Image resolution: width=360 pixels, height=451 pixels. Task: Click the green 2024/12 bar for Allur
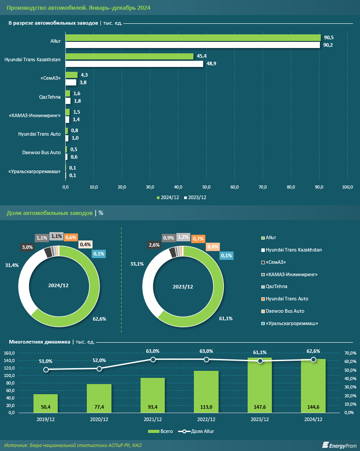[x=193, y=38]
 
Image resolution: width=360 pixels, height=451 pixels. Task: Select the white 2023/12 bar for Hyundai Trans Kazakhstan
[x=134, y=64]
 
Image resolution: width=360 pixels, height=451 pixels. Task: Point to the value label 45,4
[x=202, y=56]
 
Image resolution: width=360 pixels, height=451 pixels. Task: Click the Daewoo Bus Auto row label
[x=41, y=152]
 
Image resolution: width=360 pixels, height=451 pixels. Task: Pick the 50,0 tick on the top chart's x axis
[x=207, y=188]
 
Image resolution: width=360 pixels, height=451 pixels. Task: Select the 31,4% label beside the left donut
[x=11, y=266]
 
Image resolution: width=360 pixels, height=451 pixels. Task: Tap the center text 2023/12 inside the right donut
[x=182, y=287]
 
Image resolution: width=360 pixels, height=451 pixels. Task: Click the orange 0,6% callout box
[x=71, y=237]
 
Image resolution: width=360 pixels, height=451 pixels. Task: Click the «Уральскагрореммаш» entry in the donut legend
[x=289, y=324]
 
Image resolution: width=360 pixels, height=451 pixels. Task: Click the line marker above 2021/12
[x=153, y=360]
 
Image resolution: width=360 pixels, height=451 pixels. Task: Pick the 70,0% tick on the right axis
[x=350, y=353]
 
